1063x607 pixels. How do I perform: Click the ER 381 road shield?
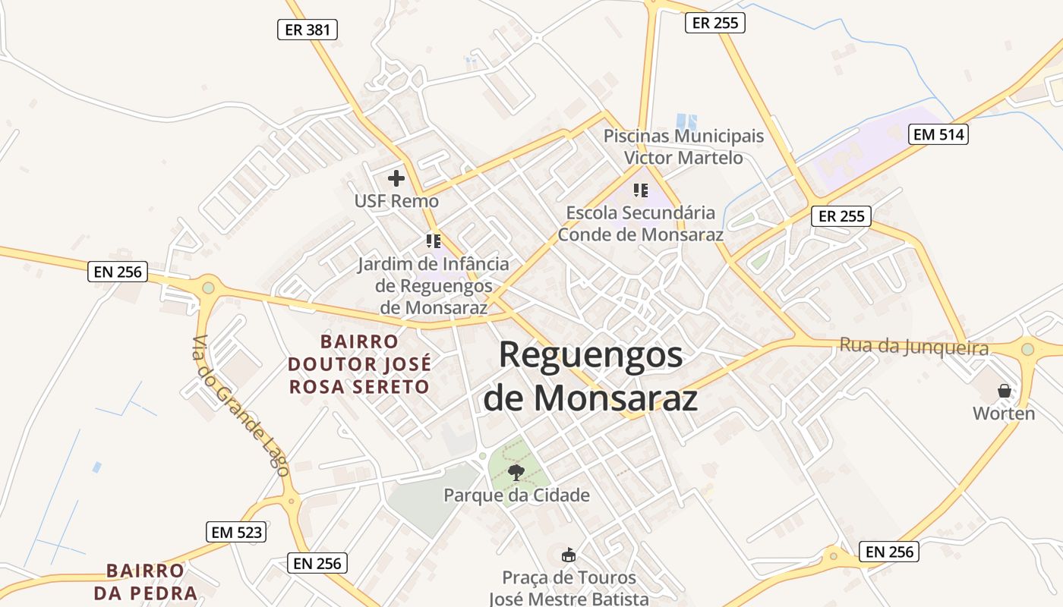[x=307, y=30]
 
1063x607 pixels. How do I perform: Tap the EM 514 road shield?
[x=939, y=134]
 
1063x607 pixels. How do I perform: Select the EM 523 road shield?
[x=236, y=532]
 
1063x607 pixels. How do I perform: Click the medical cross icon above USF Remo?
[x=396, y=178]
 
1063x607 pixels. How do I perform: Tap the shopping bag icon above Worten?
[x=1004, y=391]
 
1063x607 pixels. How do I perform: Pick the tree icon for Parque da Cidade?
[x=516, y=473]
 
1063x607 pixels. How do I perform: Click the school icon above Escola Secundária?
[x=640, y=190]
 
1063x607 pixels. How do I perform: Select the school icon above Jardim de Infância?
[x=433, y=241]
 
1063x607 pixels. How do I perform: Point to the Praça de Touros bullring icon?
[x=569, y=555]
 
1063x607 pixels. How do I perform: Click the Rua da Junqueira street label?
[x=913, y=347]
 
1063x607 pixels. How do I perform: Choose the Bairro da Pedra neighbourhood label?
[x=145, y=581]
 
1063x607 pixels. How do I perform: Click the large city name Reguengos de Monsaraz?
[x=590, y=376]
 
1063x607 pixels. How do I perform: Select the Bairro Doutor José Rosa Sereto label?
[x=358, y=364]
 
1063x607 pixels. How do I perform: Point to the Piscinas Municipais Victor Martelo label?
[x=683, y=147]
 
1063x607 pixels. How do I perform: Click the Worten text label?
[x=1004, y=414]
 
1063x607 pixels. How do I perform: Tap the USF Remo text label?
[x=396, y=201]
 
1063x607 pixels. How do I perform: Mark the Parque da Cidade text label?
[x=516, y=495]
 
